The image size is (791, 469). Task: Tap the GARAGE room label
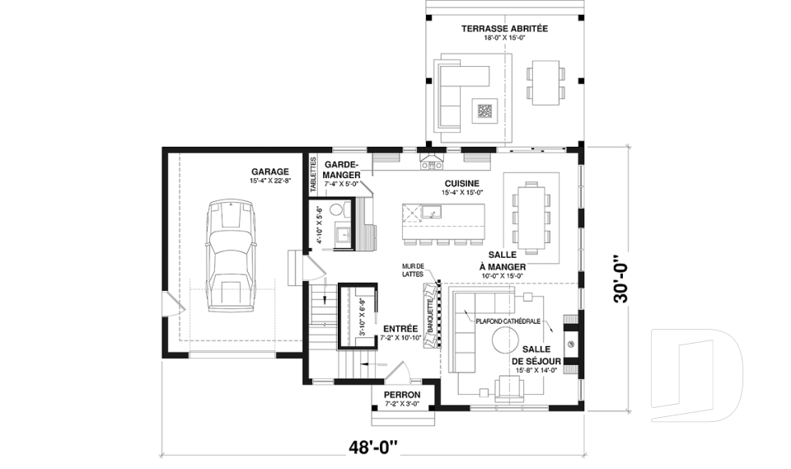click(270, 171)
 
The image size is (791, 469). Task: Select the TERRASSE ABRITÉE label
click(504, 29)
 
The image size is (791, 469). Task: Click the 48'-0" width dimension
click(373, 448)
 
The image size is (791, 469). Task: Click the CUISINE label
click(462, 184)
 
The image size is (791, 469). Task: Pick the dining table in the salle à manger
click(531, 218)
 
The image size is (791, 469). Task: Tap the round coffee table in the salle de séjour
click(505, 340)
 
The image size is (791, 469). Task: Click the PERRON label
click(402, 395)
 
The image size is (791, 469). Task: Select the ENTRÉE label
click(400, 329)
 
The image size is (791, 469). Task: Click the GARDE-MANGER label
click(342, 170)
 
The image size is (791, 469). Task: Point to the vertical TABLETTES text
click(313, 175)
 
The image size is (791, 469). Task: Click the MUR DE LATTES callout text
click(413, 270)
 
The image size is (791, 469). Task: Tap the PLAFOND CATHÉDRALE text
click(508, 321)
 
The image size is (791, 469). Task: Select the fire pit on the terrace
click(485, 110)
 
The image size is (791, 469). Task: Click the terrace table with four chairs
click(545, 82)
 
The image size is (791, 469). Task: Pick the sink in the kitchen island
click(432, 212)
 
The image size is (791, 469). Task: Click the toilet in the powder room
click(338, 209)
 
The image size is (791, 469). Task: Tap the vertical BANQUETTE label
click(431, 316)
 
